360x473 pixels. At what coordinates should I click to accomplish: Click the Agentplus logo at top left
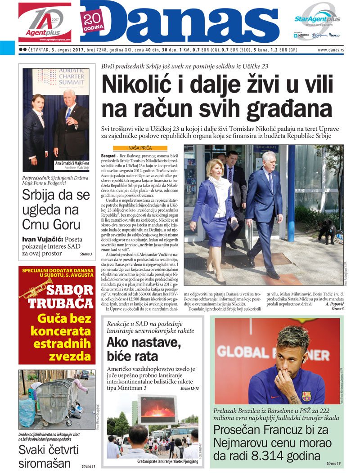45,22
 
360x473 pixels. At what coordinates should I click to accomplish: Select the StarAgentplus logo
317,19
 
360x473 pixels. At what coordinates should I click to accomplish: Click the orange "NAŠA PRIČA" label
139,147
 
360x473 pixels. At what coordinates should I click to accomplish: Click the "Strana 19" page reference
333,463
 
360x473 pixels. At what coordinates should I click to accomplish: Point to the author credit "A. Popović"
330,304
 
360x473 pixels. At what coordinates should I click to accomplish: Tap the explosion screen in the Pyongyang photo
157,407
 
